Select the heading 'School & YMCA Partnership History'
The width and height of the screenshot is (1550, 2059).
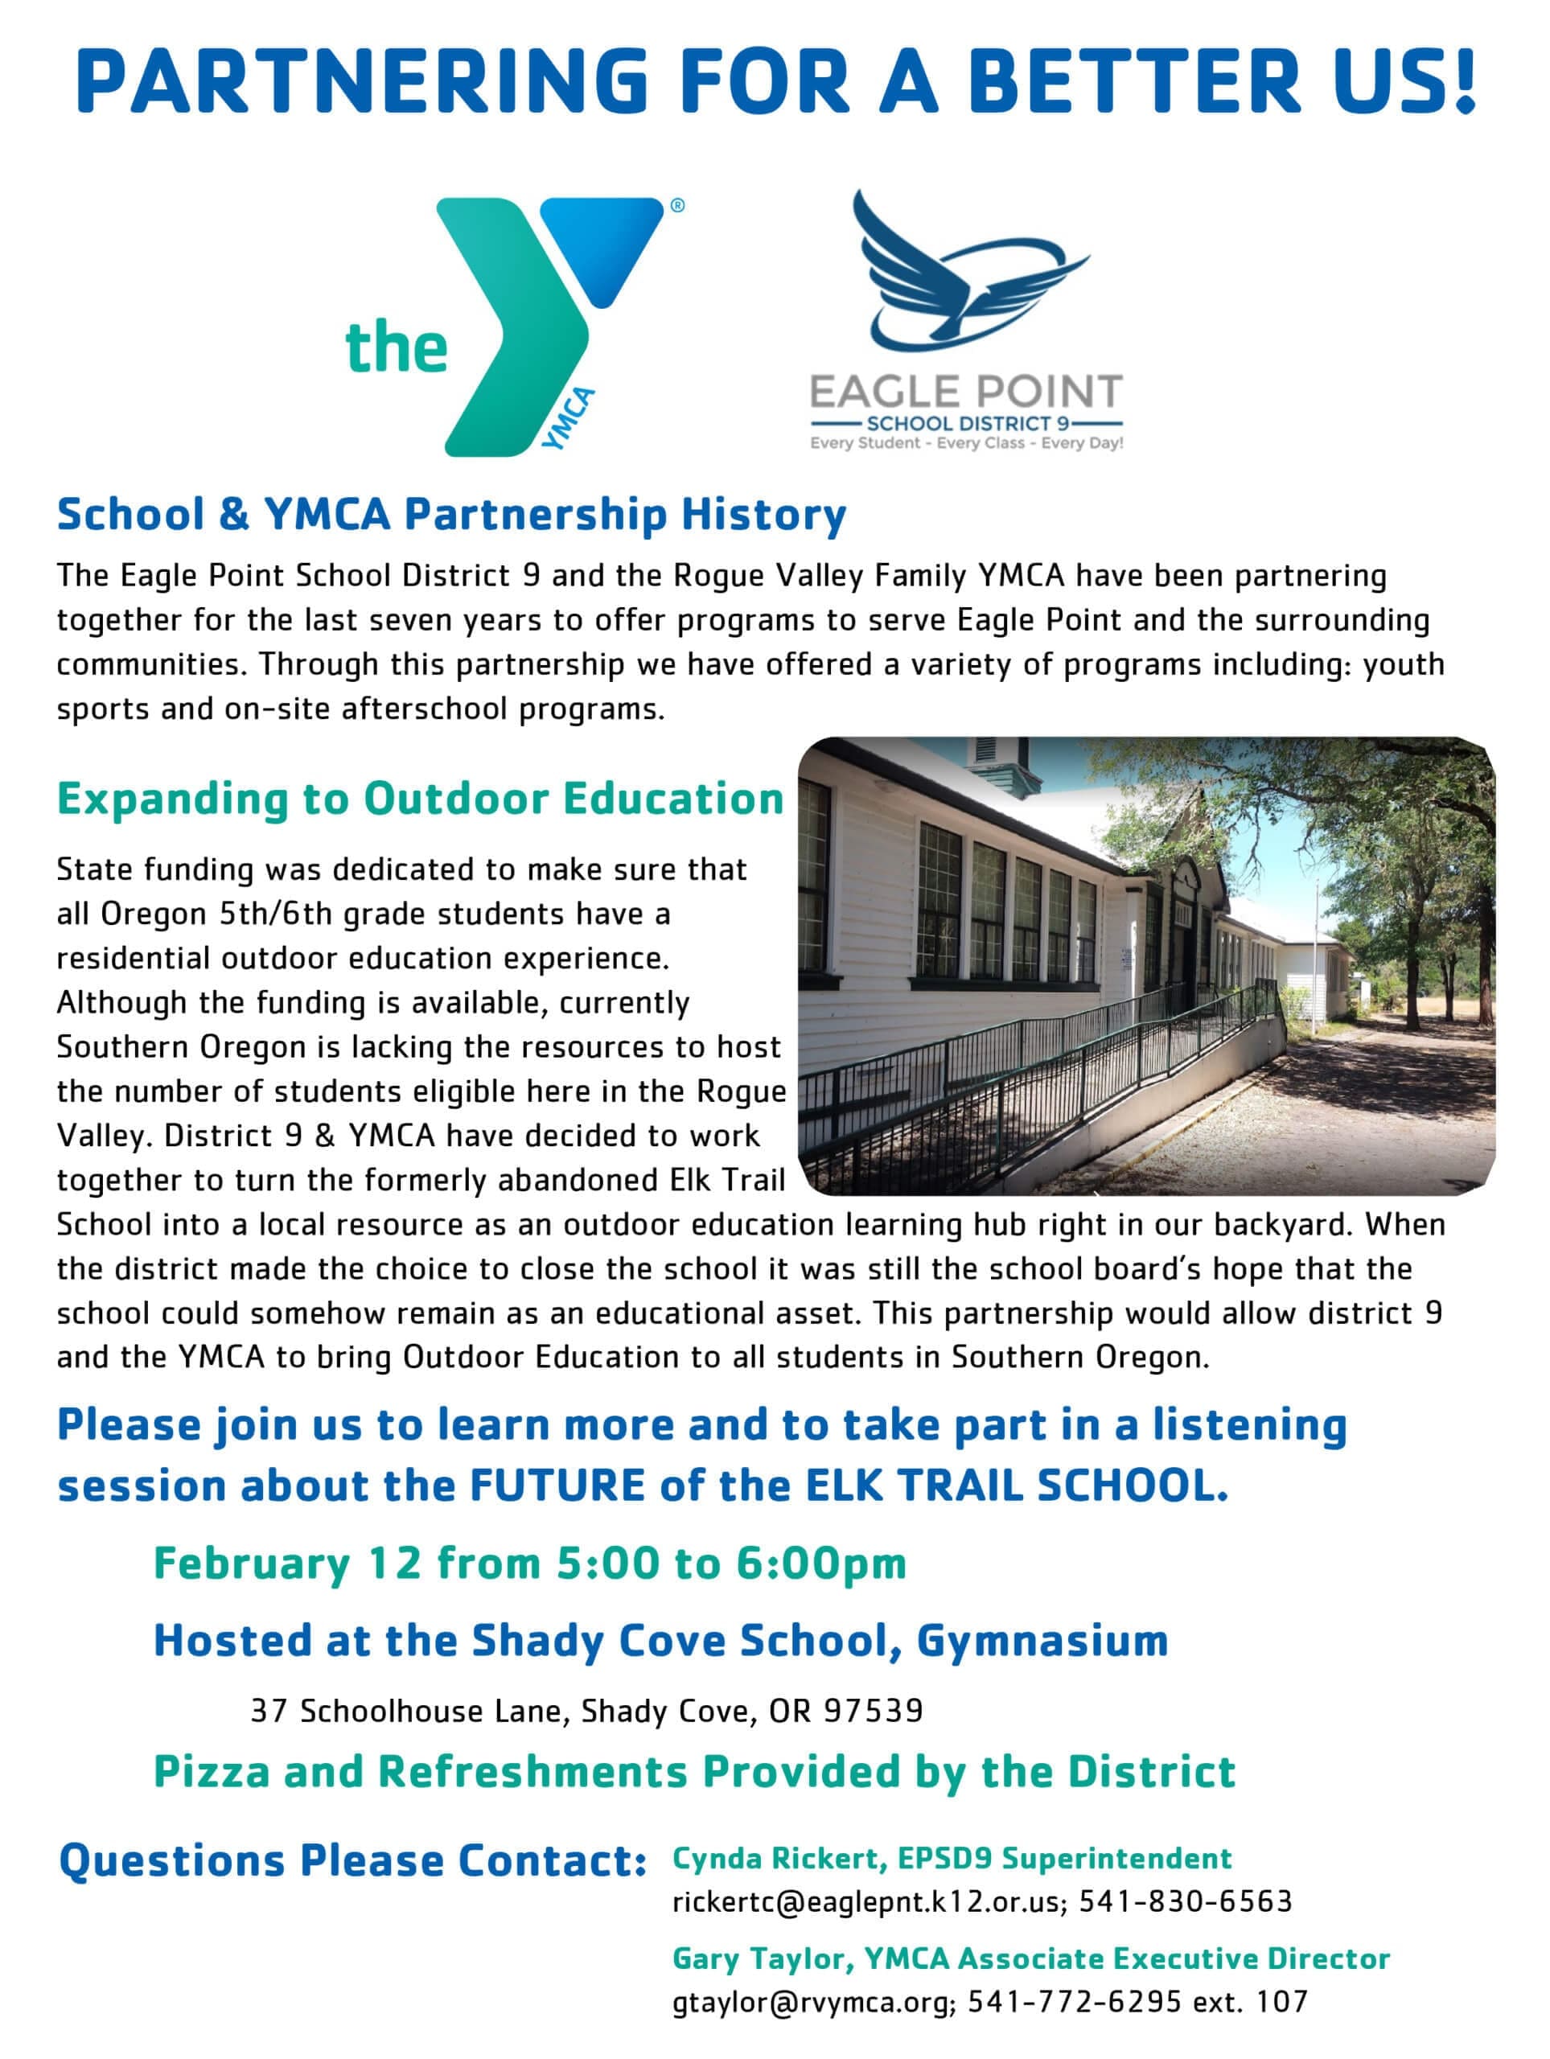tap(451, 515)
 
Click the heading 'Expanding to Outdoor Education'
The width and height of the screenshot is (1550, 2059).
tap(420, 799)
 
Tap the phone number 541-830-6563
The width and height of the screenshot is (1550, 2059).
tap(1185, 1901)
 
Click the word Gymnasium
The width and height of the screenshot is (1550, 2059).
tap(1042, 1640)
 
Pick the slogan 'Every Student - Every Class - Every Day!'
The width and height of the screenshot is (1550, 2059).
tap(966, 443)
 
